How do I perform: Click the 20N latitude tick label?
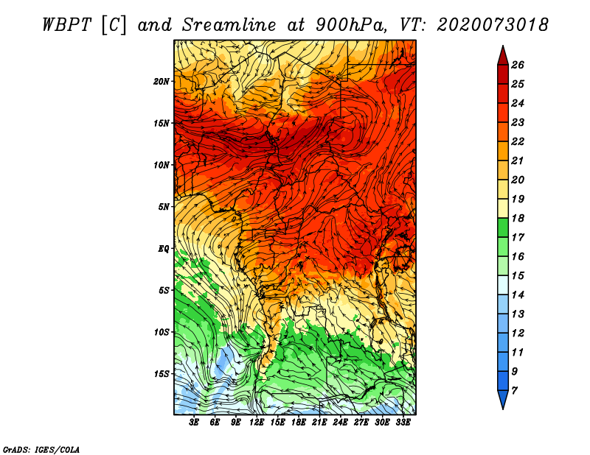point(162,81)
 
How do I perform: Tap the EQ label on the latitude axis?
point(164,248)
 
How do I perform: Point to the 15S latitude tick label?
point(162,373)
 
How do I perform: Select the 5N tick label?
point(164,207)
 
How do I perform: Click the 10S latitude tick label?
point(162,332)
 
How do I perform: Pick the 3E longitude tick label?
point(194,422)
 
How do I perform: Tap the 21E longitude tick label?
point(319,422)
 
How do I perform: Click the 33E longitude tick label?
point(403,422)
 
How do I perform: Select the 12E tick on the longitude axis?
point(256,422)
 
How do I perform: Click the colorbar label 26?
point(518,65)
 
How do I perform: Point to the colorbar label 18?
point(518,218)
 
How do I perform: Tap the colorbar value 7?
point(514,391)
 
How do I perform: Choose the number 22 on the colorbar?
point(518,141)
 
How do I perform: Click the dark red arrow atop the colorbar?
point(503,56)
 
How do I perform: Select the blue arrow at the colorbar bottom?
point(503,399)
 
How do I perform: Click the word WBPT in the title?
point(66,25)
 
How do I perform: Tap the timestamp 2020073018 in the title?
point(493,25)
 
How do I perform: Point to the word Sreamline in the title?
point(229,25)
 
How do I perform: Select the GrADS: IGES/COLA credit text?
point(41,450)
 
